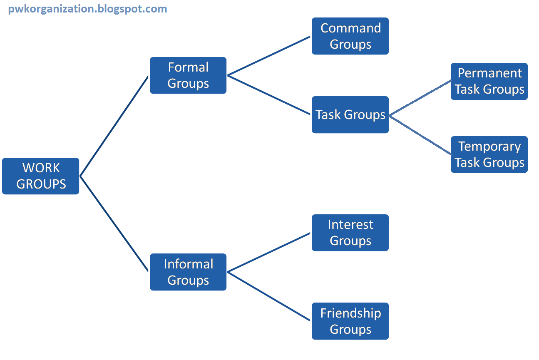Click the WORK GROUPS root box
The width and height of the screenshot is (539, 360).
pos(40,176)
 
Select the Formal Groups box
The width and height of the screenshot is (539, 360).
pos(188,75)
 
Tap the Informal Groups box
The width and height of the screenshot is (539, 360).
pos(188,272)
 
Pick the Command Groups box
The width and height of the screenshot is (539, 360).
pos(350,36)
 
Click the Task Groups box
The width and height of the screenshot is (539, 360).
pos(350,114)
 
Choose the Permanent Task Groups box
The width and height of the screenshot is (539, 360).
pos(489,81)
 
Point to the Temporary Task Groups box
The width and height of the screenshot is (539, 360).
pos(489,154)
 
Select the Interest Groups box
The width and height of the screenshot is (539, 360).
pos(350,233)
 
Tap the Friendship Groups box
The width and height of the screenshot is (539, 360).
pos(350,321)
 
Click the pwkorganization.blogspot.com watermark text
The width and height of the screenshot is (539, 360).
pos(87,9)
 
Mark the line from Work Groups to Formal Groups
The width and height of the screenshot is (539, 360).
pos(114,126)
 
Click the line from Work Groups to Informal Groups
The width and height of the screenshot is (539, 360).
pos(114,224)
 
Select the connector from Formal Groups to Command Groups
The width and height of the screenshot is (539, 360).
pos(269,56)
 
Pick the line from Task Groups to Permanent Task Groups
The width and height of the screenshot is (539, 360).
pos(420,97)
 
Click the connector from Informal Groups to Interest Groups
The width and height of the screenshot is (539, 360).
pos(269,252)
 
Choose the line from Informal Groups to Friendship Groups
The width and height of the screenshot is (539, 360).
pos(269,296)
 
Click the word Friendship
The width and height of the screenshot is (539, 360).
pos(350,313)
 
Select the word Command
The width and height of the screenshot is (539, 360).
pos(350,28)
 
